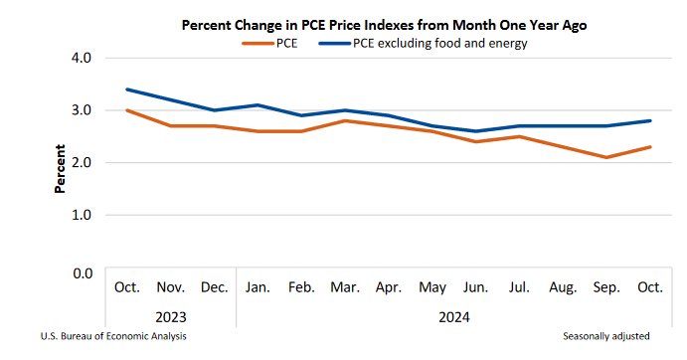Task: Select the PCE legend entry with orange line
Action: point(277,43)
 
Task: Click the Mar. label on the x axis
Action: point(345,287)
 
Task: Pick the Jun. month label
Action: point(475,287)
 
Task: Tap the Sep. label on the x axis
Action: point(606,287)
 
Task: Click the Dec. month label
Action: point(214,287)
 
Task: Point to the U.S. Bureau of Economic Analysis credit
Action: point(113,336)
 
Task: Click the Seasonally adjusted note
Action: point(606,336)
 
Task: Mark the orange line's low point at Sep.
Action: point(606,157)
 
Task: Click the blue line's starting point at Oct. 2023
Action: point(127,90)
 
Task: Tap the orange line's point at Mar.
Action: point(345,120)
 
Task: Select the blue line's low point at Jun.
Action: point(475,131)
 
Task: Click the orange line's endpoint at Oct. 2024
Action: point(650,147)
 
